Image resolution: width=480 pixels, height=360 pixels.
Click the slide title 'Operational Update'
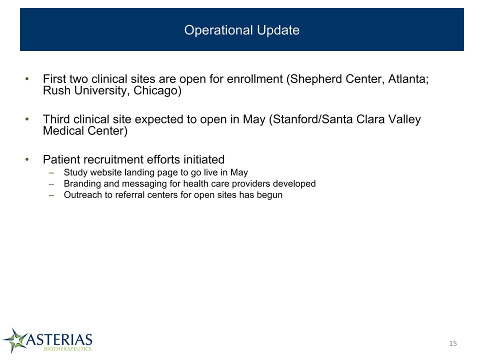[x=242, y=30]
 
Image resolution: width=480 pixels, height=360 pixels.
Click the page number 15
[x=453, y=343]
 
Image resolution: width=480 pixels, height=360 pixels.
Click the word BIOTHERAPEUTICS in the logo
[x=67, y=349]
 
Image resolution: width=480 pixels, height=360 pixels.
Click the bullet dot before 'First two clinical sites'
[x=27, y=79]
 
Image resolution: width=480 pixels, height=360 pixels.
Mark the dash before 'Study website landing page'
[x=51, y=173]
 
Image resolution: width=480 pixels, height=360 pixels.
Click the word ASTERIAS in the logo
[x=59, y=339]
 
